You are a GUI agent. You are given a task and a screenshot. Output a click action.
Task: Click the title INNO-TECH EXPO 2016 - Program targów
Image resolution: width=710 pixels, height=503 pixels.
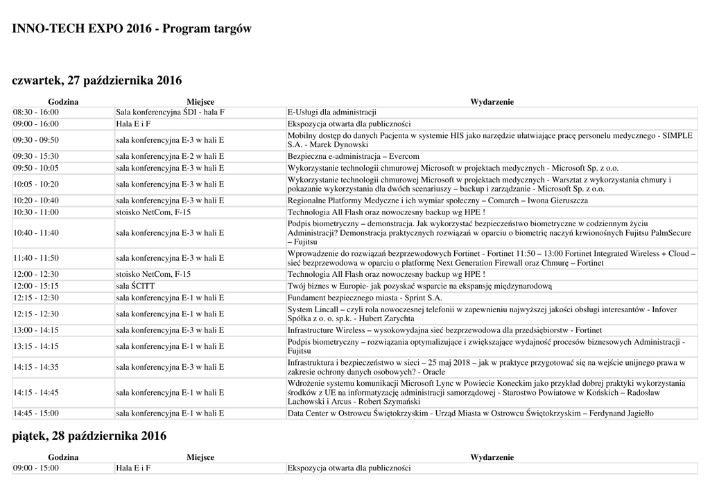click(132, 29)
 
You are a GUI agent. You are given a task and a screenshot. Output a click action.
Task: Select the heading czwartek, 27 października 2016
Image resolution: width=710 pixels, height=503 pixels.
click(97, 81)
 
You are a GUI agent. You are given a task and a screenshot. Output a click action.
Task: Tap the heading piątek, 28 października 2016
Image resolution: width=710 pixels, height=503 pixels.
click(89, 436)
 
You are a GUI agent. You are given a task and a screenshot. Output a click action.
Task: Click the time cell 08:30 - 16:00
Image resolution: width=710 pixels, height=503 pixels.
click(36, 112)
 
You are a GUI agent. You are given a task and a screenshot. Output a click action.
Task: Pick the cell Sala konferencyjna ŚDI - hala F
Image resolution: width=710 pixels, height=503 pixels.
click(170, 112)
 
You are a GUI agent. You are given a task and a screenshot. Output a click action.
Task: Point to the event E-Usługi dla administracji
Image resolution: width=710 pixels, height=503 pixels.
click(331, 112)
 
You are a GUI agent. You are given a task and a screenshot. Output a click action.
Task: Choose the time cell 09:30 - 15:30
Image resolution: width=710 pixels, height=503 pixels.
click(36, 156)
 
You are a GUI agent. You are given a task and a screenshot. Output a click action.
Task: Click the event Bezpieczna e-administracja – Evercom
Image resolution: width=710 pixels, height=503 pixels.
click(353, 156)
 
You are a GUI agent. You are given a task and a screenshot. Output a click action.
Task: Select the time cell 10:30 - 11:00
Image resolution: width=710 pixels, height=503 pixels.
click(36, 212)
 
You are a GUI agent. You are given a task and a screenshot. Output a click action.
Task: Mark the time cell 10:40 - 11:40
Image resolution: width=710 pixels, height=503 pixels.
click(36, 233)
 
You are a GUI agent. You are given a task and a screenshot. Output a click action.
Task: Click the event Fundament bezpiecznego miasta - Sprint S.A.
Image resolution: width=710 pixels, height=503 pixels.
click(365, 298)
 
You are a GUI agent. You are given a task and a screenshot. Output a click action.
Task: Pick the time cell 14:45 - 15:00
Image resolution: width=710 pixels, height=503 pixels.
click(36, 414)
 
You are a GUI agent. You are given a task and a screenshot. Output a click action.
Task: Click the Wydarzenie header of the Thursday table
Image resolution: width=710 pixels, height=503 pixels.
click(492, 102)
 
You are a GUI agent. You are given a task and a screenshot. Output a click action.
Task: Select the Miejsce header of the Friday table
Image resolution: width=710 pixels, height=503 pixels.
click(200, 457)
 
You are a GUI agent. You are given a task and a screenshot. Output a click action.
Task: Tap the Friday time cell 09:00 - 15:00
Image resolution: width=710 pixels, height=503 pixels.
click(36, 468)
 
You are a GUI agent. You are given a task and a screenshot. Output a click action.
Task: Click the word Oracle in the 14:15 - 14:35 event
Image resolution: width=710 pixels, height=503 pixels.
click(434, 372)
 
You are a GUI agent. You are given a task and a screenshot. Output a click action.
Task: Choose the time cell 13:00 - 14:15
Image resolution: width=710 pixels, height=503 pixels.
click(36, 330)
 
